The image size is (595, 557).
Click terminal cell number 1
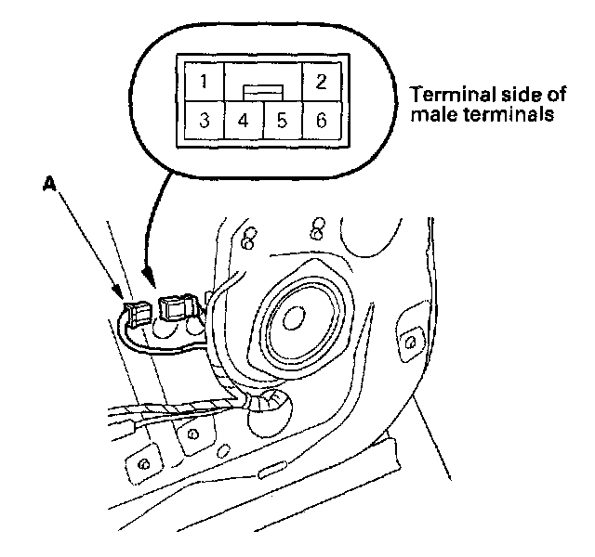(x=204, y=81)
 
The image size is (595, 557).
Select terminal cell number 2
(x=321, y=81)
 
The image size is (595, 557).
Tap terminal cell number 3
(x=204, y=120)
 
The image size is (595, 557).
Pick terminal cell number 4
(x=243, y=120)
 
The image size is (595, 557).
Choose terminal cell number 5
(x=282, y=120)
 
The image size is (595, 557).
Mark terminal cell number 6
(x=321, y=120)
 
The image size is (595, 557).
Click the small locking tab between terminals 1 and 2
(x=262, y=91)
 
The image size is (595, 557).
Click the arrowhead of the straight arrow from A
(x=124, y=299)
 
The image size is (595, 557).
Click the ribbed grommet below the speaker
(x=271, y=402)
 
